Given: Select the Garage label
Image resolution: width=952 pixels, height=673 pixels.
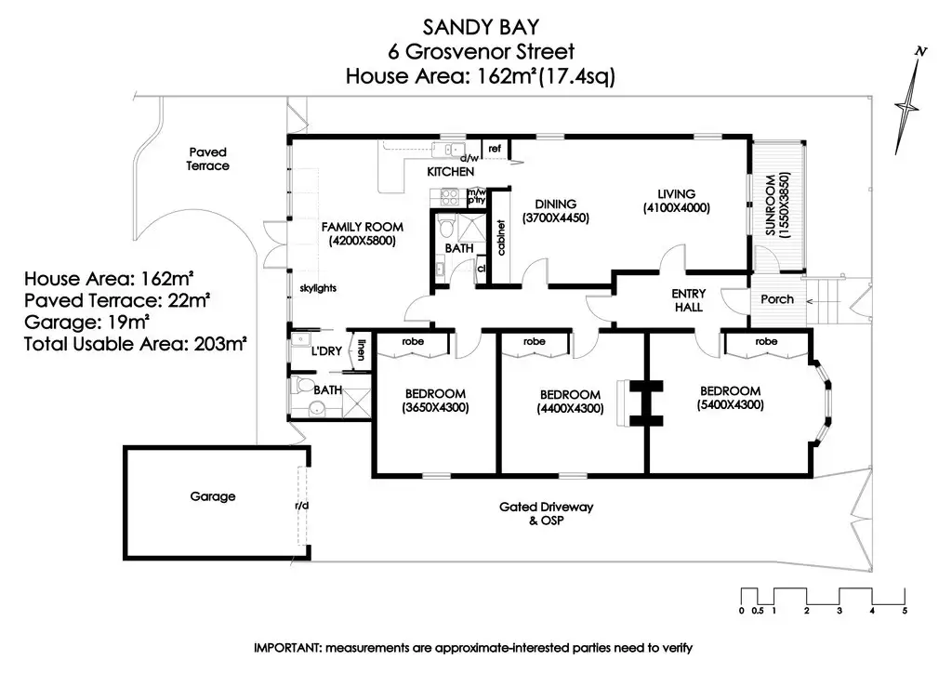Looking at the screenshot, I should (x=213, y=496).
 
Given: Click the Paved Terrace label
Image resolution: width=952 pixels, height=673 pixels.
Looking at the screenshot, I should (x=207, y=158).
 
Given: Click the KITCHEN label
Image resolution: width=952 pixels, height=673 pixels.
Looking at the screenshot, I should (x=451, y=172).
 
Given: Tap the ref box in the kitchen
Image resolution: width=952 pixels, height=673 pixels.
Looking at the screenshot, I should (x=495, y=149).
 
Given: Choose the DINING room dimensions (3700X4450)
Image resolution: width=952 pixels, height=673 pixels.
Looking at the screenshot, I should (x=556, y=218).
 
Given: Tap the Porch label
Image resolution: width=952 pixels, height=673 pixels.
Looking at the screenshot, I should (x=777, y=298).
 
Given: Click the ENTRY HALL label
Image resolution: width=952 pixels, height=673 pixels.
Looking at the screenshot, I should (x=688, y=300).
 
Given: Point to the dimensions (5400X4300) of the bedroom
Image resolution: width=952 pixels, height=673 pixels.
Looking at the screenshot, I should (x=730, y=405).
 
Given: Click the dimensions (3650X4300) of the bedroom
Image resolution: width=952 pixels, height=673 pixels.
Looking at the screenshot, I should (x=435, y=407).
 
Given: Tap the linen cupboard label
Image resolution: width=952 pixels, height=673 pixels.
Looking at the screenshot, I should (x=360, y=351).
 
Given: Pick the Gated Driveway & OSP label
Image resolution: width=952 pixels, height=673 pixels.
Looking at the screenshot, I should (x=546, y=513).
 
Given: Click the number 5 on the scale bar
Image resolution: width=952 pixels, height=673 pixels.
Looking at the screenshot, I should (x=904, y=611).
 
